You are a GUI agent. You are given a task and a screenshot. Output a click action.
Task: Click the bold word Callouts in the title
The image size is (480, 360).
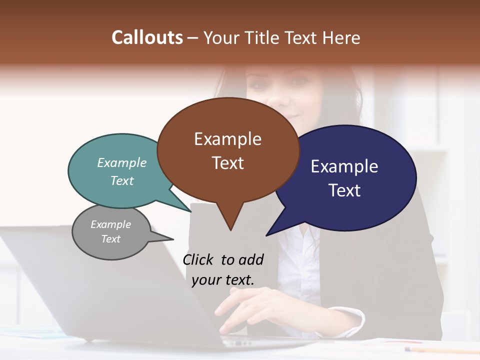[147, 38]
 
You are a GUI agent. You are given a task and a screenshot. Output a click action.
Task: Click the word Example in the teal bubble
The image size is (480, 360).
[122, 163]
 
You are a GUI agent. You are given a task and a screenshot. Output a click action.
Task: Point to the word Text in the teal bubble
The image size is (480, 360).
[122, 180]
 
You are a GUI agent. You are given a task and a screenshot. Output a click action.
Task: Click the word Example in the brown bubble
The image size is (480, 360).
[227, 139]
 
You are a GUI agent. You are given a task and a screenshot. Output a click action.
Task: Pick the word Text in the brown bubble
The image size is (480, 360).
[227, 163]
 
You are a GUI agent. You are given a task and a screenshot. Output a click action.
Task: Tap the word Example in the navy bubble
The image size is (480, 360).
[344, 166]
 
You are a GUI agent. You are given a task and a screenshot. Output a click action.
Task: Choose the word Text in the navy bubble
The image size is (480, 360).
[344, 190]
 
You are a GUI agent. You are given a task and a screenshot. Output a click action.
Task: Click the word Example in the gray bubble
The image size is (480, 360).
[111, 224]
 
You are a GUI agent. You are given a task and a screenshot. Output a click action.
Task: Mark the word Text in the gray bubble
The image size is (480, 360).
[111, 239]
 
